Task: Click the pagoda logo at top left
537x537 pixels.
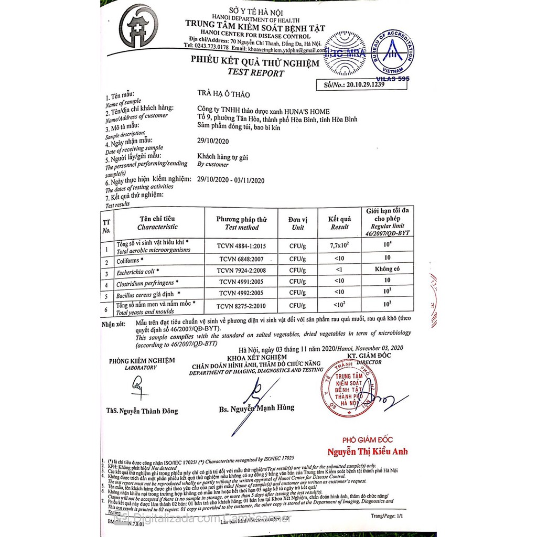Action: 138,26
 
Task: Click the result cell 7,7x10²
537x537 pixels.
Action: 340,245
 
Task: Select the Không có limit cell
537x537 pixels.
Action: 387,269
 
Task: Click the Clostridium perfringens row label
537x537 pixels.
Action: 144,284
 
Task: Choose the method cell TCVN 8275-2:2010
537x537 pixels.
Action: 242,305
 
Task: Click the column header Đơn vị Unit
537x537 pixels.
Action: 298,223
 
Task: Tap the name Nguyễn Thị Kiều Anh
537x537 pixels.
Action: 368,452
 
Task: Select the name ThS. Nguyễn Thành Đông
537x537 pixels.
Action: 148,411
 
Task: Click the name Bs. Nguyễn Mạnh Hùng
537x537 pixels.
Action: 256,407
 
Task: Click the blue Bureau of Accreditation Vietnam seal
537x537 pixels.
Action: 392,53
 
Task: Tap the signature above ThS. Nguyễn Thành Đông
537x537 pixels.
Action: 138,388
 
